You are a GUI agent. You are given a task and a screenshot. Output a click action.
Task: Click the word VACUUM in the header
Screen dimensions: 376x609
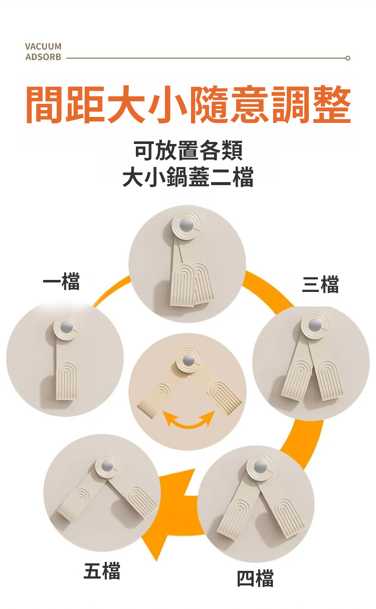43,47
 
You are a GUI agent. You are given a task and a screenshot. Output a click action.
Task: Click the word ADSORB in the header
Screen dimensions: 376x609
44,57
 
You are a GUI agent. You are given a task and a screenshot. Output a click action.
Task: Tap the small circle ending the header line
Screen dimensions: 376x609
348,58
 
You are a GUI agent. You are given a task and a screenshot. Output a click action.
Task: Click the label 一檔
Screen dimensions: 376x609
61,281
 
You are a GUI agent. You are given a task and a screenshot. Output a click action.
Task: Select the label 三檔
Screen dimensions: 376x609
320,284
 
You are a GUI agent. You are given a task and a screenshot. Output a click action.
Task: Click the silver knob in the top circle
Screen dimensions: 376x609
185,225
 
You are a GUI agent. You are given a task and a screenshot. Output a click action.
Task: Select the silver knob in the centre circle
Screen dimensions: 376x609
188,360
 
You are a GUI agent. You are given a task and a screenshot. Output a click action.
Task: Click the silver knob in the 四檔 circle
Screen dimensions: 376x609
260,467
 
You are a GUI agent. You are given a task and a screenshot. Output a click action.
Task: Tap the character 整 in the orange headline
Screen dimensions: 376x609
332,105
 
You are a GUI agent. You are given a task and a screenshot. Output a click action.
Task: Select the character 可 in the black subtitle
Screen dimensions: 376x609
144,149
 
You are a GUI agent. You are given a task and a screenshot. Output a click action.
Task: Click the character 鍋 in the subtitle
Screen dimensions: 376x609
177,177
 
